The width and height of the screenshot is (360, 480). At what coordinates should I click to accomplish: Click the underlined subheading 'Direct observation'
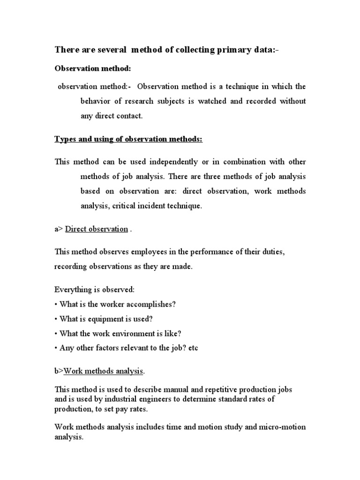pos(97,229)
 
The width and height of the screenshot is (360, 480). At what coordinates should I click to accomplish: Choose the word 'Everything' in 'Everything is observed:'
pos(73,290)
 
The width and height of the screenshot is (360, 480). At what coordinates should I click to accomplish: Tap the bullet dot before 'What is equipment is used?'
pos(56,319)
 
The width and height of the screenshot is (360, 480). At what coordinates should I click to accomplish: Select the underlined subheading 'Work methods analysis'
pos(103,371)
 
